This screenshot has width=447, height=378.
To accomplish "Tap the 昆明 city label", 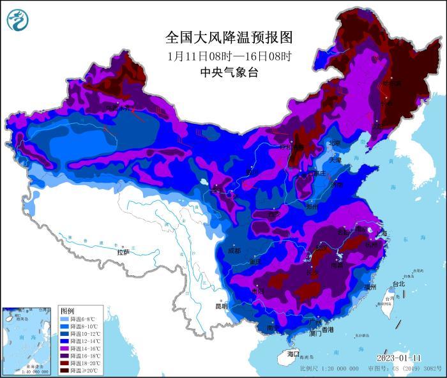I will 221,306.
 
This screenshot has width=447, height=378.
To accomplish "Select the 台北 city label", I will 398,283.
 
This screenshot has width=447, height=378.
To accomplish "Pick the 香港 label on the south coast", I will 327,330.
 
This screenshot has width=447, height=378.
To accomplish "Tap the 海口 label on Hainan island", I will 293,353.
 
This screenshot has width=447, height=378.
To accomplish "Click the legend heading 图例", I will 67,310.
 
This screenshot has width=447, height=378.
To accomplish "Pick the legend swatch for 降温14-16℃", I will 64,349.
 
